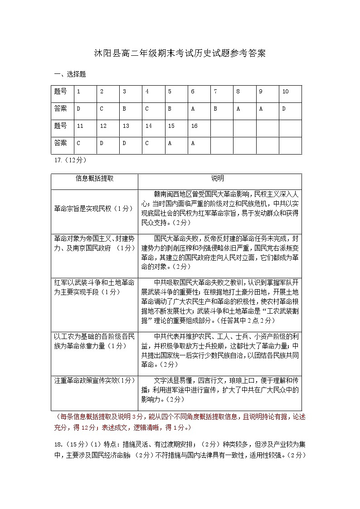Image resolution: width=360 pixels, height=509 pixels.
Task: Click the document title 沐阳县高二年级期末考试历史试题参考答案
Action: coord(180,53)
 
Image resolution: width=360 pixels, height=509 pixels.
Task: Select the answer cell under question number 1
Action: coord(78,109)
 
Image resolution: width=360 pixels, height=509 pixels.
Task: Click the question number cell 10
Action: coord(286,92)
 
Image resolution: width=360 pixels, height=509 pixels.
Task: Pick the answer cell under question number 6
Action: coord(193,109)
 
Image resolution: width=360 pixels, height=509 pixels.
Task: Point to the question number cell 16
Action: coord(194,126)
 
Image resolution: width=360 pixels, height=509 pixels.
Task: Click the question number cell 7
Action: coord(215,92)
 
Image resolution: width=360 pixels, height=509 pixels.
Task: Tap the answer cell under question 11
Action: coord(78,143)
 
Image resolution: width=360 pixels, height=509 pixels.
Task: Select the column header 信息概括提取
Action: coord(94,179)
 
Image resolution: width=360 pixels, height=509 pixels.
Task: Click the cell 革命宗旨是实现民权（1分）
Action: coord(94,208)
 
